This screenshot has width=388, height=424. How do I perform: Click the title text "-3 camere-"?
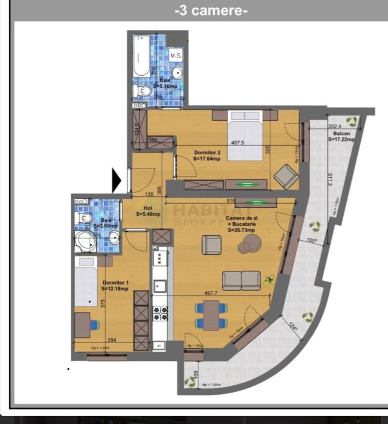pyautogui.click(x=211, y=10)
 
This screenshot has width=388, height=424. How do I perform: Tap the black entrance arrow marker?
pyautogui.click(x=116, y=181)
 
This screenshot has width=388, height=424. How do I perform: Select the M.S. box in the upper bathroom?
pyautogui.click(x=176, y=55)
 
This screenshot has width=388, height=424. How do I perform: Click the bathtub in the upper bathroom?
pyautogui.click(x=141, y=56)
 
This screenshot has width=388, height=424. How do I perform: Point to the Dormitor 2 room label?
pyautogui.click(x=207, y=155)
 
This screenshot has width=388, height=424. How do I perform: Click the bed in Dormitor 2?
pyautogui.click(x=245, y=135)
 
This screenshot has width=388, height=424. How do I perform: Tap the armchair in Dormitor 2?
pyautogui.click(x=286, y=176)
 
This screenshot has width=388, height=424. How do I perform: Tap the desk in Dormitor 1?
pyautogui.click(x=82, y=325)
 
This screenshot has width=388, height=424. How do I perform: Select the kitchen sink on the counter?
pyautogui.click(x=160, y=286)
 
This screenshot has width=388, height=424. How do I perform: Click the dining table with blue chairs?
pyautogui.click(x=211, y=315)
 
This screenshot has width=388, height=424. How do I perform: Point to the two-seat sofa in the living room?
pyautogui.click(x=241, y=280)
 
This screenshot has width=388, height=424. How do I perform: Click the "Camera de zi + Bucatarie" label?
pyautogui.click(x=240, y=224)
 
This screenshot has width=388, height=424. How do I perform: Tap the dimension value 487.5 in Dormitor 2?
pyautogui.click(x=237, y=142)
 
